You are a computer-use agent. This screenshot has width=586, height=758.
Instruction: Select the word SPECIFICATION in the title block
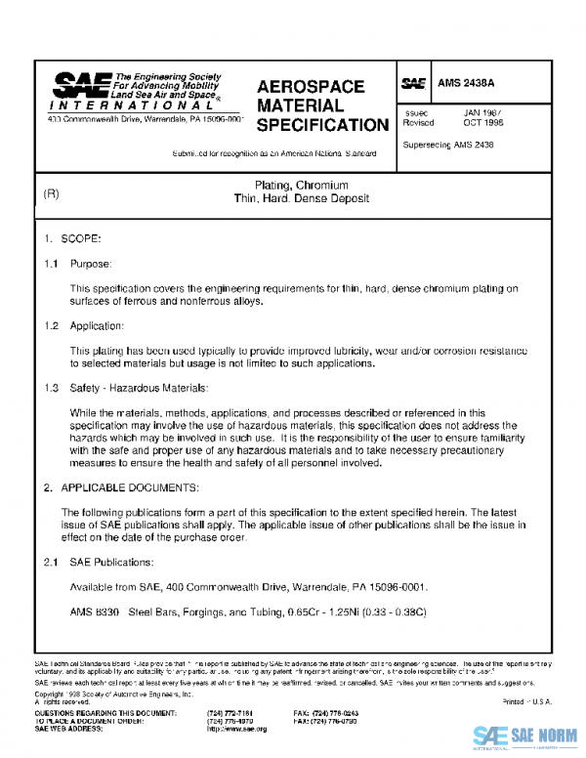pyautogui.click(x=322, y=125)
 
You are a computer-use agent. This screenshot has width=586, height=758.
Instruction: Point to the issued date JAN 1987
pyautogui.click(x=483, y=112)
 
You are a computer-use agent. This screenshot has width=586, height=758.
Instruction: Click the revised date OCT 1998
pyautogui.click(x=483, y=124)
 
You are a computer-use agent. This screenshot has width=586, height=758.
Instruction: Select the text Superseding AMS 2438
pyautogui.click(x=448, y=145)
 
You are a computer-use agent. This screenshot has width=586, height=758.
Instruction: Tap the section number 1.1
pyautogui.click(x=51, y=264)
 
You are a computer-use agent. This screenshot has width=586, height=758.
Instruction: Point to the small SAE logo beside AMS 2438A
pyautogui.click(x=411, y=85)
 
